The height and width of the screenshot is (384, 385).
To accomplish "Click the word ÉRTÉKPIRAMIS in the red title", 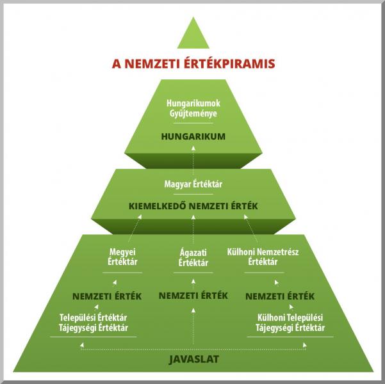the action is tap(229, 64).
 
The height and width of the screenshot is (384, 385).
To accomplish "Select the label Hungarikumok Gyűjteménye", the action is tap(193, 108).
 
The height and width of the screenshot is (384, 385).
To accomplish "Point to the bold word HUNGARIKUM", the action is tap(193, 136).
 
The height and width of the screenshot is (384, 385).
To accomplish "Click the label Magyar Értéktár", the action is tap(193, 184).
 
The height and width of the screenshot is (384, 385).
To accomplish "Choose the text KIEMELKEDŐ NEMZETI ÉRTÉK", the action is tap(193, 206).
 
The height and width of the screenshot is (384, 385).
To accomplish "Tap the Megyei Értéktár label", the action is tap(122, 257).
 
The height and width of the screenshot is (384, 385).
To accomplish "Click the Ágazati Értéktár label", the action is tap(193, 258).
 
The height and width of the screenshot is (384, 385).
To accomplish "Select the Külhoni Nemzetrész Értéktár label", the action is tap(263, 257).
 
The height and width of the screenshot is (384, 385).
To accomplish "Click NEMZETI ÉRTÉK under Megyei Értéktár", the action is tap(107, 296).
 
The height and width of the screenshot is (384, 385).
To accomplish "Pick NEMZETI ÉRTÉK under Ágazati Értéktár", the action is tap(193, 296).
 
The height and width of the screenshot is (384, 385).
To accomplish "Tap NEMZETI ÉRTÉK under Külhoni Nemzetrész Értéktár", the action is tap(280, 296).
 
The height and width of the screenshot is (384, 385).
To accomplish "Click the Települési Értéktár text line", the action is tap(94, 317).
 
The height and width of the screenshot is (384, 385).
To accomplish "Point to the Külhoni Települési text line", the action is tap(290, 317).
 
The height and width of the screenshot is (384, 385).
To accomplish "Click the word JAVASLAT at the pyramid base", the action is tap(194, 360).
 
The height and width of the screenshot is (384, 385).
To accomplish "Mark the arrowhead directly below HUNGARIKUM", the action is tap(193, 148).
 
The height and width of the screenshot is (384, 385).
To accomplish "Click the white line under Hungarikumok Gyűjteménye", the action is tap(193, 123).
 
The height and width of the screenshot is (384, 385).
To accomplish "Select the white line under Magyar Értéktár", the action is tap(193, 195).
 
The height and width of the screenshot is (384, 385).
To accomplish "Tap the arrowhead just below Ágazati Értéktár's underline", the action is tap(193, 281).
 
